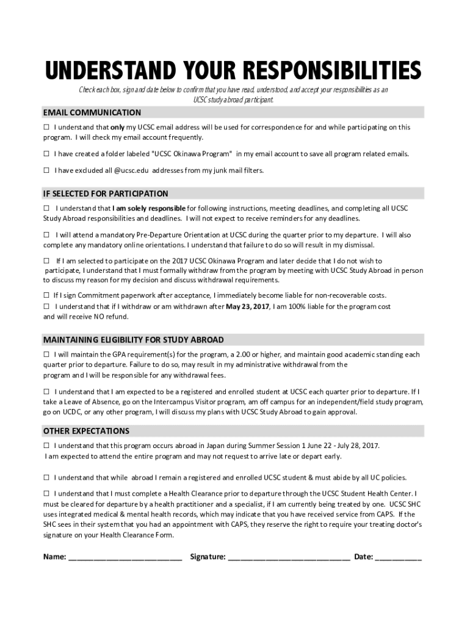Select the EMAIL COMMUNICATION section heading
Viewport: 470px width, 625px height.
pos(92,113)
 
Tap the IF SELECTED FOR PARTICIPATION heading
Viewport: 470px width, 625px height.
pos(106,193)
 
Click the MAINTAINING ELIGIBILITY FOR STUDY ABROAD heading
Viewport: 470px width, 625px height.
pos(133,339)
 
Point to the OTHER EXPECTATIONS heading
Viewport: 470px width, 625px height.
pos(86,431)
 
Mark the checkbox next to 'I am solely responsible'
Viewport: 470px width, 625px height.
pos(46,208)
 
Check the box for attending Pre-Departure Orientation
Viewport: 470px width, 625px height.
pos(46,235)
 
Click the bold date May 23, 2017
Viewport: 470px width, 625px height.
pos(248,306)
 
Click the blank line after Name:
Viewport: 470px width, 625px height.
pos(125,557)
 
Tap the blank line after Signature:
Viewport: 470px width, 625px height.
pos(289,557)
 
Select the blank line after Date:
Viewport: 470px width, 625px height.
pos(398,557)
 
